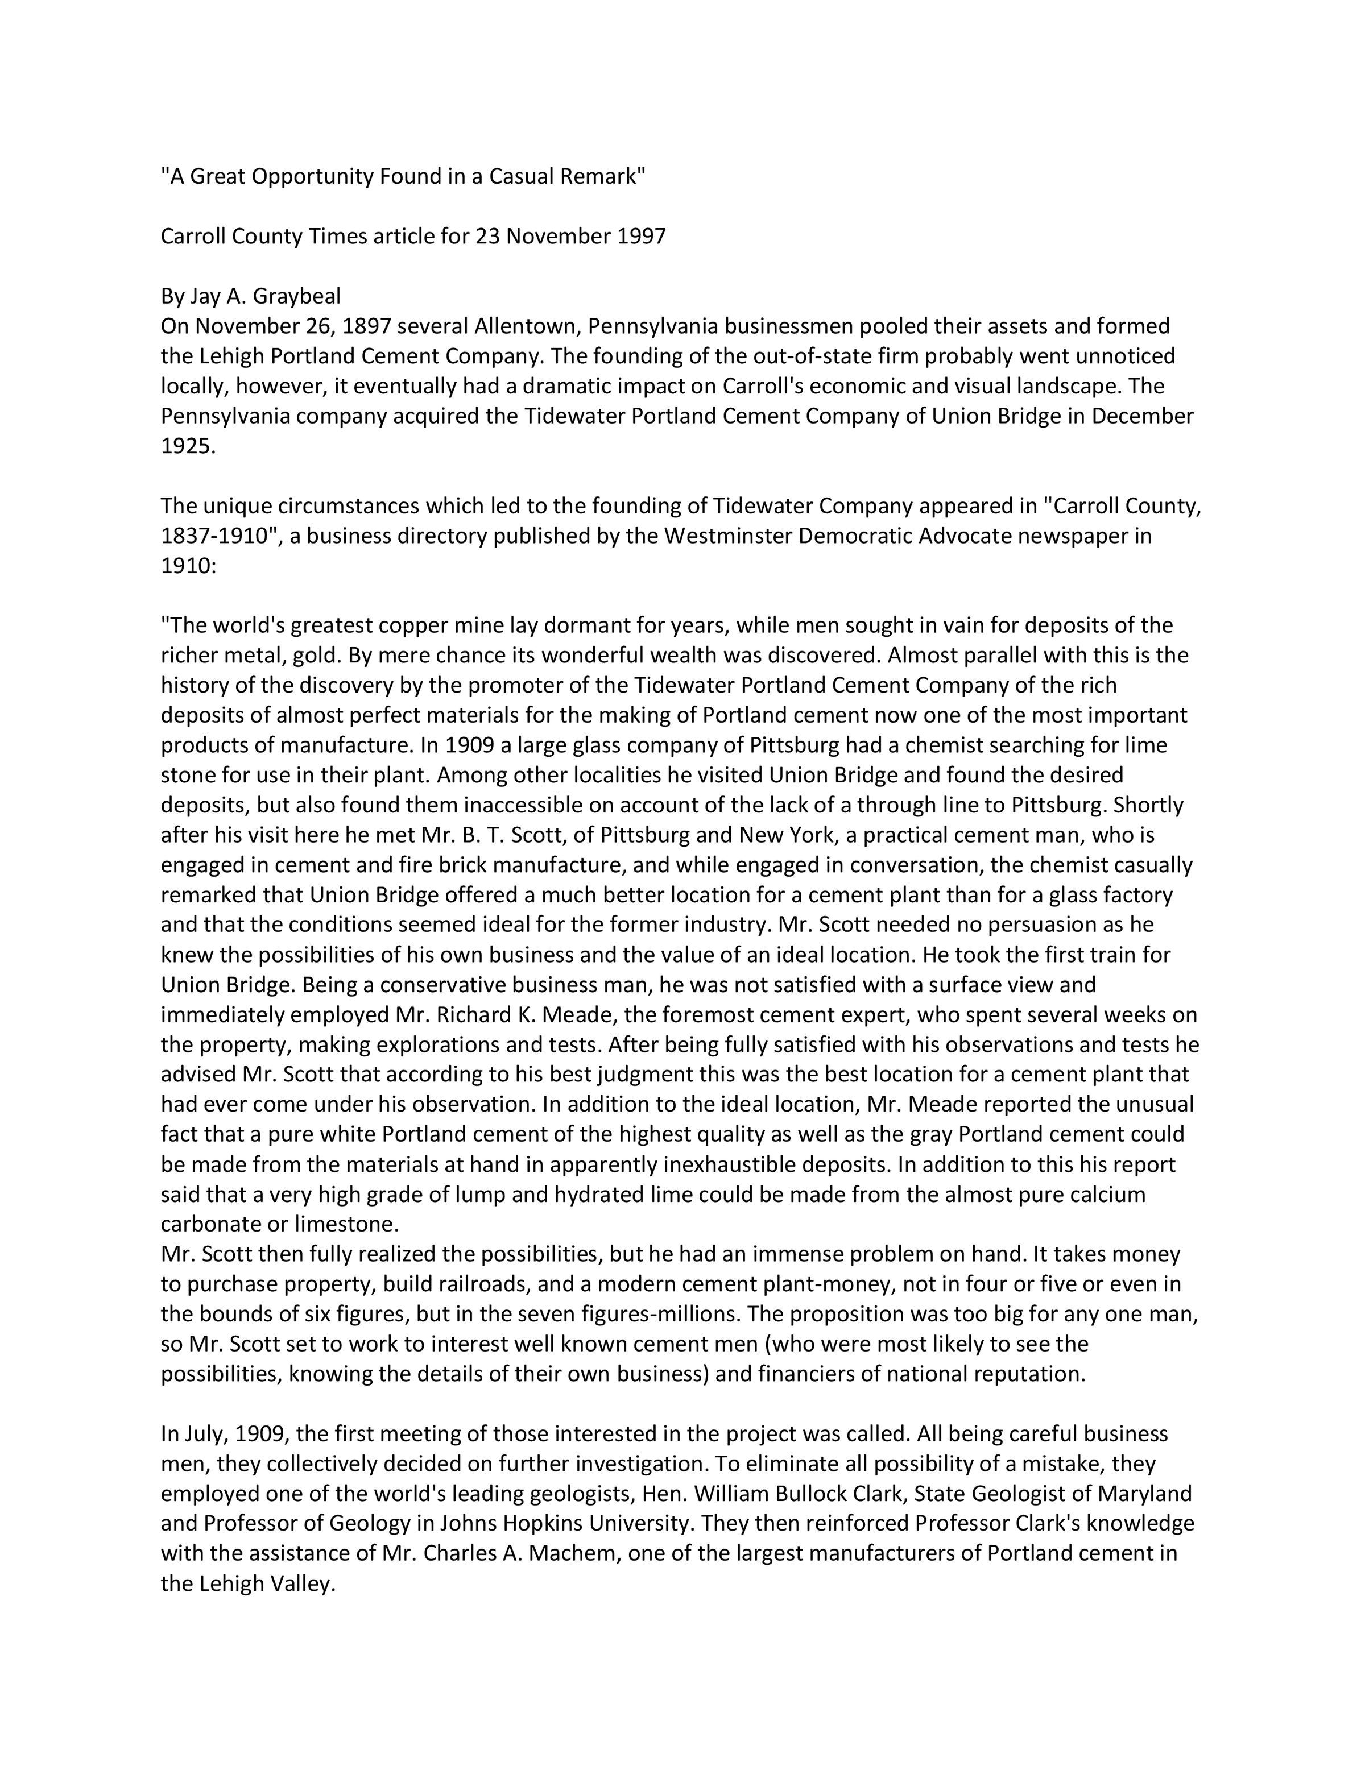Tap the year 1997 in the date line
(x=641, y=236)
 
